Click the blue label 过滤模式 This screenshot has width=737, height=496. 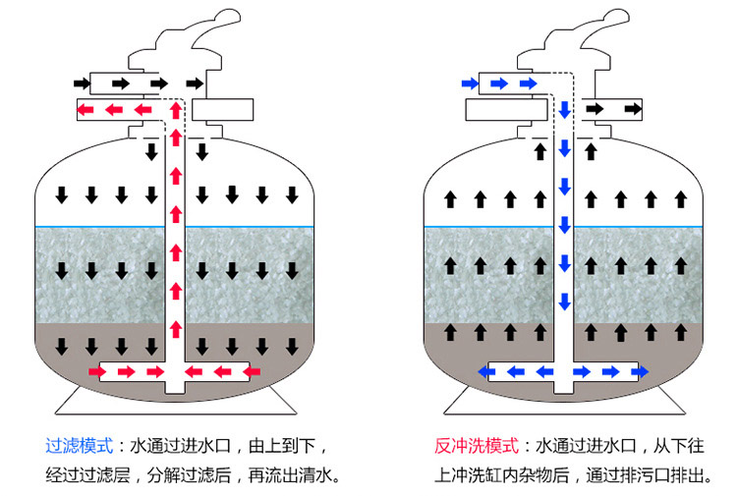[78, 445]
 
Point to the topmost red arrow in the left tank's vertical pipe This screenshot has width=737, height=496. [176, 107]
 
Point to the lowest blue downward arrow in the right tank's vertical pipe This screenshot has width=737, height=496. [565, 301]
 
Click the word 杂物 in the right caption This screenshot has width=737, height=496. [547, 476]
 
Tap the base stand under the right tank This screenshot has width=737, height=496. [566, 401]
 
